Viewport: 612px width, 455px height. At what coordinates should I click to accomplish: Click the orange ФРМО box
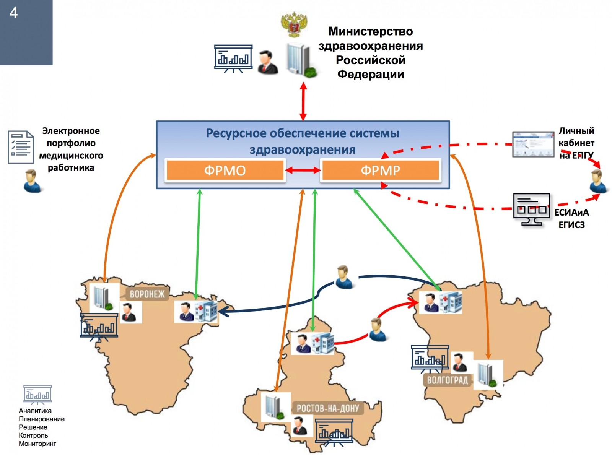pos(225,170)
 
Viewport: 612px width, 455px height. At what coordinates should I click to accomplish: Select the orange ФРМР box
pos(381,170)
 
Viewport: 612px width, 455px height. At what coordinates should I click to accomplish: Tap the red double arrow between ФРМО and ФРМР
pos(303,170)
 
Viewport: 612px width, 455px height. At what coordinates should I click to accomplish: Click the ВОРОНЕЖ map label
pos(147,294)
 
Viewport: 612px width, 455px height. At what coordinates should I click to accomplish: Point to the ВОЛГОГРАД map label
pos(447,380)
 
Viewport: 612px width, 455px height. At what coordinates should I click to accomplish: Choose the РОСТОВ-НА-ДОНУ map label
pos(328,408)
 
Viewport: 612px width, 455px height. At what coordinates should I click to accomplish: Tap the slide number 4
pos(13,13)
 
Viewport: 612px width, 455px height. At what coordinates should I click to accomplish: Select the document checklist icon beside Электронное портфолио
pos(21,147)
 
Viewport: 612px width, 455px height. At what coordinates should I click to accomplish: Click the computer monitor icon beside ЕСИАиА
pos(531,210)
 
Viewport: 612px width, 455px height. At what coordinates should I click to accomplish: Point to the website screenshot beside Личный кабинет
pos(533,144)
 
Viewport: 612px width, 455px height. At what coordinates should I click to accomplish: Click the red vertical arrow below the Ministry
pos(303,101)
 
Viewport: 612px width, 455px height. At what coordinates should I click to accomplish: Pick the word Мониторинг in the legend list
pos(37,444)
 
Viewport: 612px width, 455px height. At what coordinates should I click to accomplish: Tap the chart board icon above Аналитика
pos(37,394)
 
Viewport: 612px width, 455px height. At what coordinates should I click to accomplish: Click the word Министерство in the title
pos(370,31)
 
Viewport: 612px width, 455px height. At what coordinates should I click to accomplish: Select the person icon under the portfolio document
pos(32,181)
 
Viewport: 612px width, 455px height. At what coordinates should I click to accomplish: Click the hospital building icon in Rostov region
pos(322,343)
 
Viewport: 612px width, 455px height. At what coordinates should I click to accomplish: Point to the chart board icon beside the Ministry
pos(233,58)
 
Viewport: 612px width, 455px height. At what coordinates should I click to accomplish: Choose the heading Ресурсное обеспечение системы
pos(303,133)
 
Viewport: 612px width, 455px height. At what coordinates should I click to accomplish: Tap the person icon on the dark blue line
pos(344,277)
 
